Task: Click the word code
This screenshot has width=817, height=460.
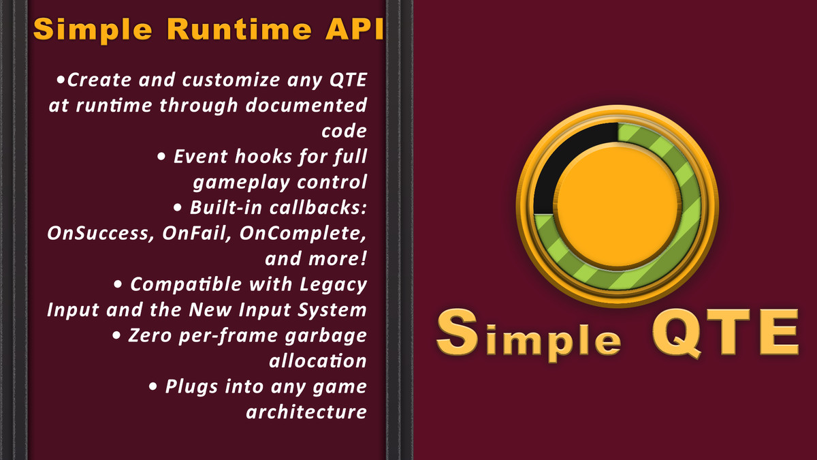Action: coord(344,131)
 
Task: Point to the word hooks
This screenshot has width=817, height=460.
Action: coord(267,157)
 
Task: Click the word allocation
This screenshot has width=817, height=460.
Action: coord(318,361)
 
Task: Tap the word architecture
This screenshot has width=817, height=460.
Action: coord(306,412)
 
